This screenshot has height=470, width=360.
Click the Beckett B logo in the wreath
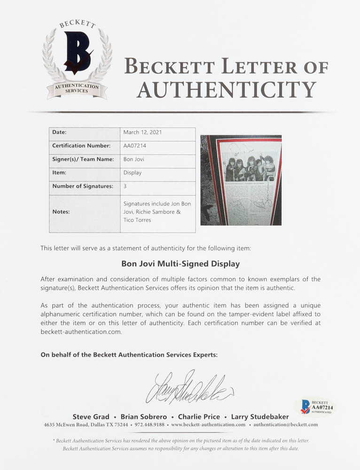coord(77,52)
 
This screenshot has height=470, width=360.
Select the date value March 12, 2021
coord(142,133)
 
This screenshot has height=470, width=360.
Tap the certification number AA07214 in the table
coord(135,146)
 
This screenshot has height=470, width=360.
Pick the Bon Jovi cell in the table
coord(133,159)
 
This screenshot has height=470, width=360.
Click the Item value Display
coord(133,172)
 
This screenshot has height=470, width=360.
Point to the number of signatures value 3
coord(125,186)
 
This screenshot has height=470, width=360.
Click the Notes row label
coord(61,211)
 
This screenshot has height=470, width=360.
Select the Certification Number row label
coord(81,146)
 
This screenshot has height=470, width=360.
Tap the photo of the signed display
coord(241,180)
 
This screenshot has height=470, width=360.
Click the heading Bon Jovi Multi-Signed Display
coord(180,264)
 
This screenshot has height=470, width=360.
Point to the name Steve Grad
coord(91,416)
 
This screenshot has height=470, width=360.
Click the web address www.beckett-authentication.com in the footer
coord(208,425)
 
